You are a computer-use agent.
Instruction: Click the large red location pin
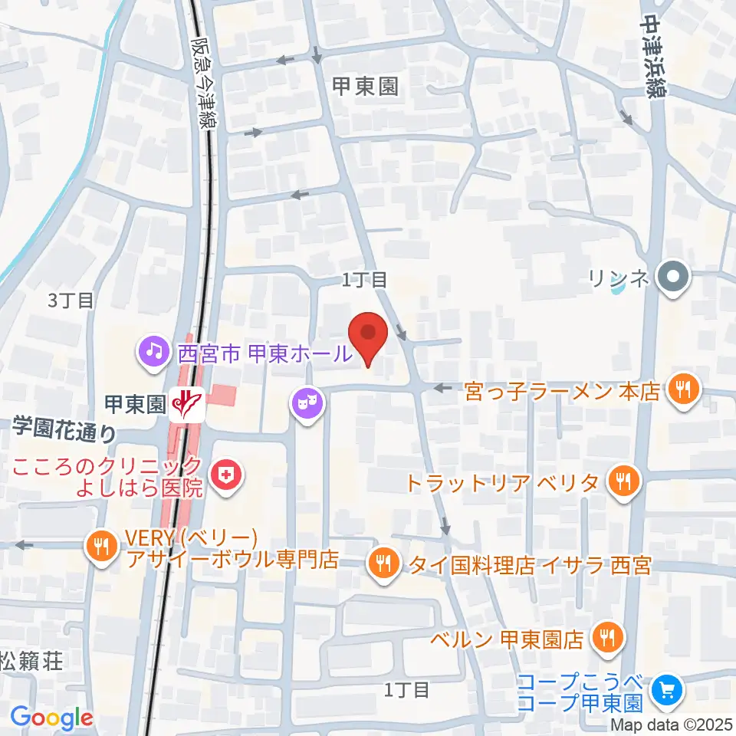pyautogui.click(x=368, y=337)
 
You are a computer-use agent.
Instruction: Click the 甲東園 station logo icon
pyautogui.click(x=186, y=401)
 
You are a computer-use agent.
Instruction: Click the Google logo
pyautogui.click(x=52, y=718)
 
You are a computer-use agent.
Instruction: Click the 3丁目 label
pyautogui.click(x=71, y=300)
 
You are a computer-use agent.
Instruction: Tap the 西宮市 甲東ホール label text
pyautogui.click(x=264, y=352)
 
